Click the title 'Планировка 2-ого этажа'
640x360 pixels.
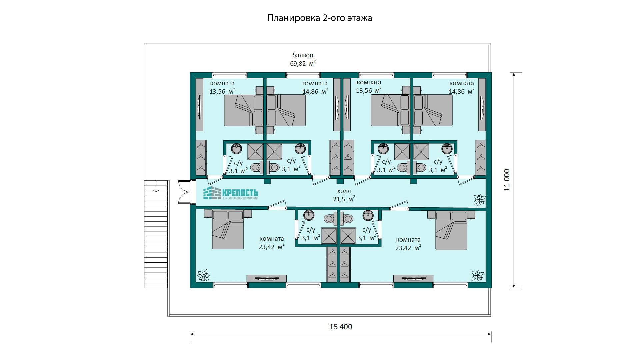(320, 18)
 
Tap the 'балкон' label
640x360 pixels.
(303, 55)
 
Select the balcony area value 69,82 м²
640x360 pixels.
(303, 63)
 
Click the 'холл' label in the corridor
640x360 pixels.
(344, 191)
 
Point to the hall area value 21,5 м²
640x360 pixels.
(344, 199)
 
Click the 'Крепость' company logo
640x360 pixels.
(231, 194)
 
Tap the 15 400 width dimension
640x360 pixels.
(341, 327)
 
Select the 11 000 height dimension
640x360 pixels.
(507, 180)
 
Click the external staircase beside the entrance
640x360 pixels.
(156, 234)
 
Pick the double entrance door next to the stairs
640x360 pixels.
(185, 192)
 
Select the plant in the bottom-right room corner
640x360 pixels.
(477, 276)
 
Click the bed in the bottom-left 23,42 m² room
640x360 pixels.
(228, 230)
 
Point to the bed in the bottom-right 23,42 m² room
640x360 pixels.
(451, 230)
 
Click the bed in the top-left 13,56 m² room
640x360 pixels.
(244, 110)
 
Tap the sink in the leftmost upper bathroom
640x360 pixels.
(237, 148)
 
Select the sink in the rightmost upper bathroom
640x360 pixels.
(447, 148)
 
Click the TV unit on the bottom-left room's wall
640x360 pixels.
(267, 278)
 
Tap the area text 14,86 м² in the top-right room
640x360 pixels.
(462, 91)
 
